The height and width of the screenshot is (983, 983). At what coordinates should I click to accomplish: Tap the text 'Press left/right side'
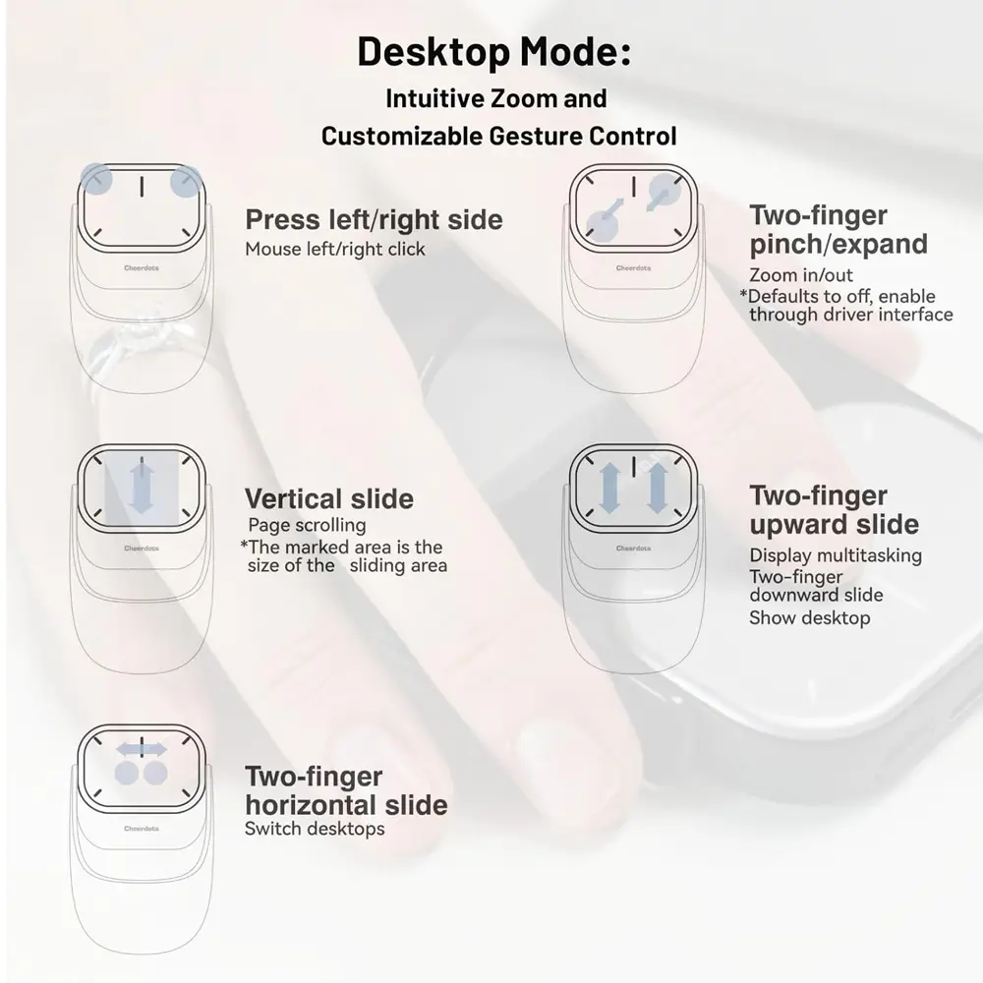pos(374,219)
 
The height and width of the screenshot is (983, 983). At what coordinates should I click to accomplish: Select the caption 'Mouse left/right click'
pos(335,249)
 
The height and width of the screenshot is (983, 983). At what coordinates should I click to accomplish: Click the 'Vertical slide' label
pos(329,498)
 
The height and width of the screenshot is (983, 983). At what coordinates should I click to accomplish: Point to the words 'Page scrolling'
pos(307,525)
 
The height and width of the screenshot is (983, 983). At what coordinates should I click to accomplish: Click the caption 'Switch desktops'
pos(315,828)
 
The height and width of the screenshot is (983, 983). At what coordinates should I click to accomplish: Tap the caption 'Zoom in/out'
pos(801,275)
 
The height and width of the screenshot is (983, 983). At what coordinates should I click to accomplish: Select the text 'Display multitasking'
pos(836,555)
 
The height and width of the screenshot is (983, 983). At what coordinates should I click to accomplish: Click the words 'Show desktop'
pos(810,617)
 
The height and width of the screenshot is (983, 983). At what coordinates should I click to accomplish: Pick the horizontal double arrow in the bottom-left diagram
pos(142,749)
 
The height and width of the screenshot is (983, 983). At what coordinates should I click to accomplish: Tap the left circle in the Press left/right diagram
pos(96,179)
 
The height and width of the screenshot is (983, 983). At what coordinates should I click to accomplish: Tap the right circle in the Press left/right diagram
pos(186,181)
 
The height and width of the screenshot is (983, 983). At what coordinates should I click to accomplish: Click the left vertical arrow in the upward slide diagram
pos(609,489)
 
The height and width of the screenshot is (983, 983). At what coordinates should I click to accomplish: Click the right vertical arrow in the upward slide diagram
pos(658,489)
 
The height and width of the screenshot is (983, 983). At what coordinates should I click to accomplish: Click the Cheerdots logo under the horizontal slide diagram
pos(143,829)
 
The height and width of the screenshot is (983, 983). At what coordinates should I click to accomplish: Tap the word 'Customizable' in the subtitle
pos(402,136)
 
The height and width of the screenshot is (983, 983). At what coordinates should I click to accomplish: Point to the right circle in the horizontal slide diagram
pos(154,774)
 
